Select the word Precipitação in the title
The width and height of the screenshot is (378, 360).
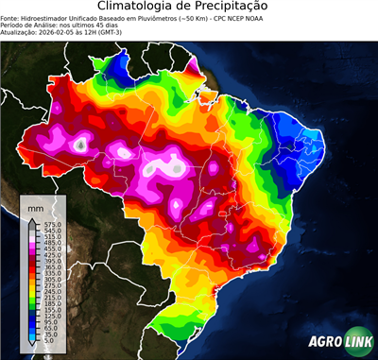click(242, 9)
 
